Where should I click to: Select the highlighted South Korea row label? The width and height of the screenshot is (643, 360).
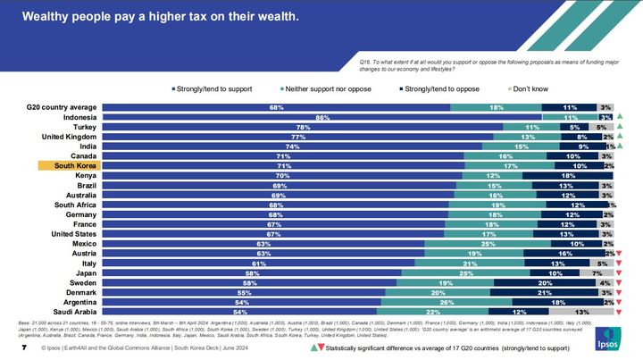click(x=76, y=165)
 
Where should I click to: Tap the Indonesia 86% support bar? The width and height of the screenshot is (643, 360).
click(x=322, y=117)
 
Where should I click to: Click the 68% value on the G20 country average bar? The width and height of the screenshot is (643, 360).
click(x=277, y=107)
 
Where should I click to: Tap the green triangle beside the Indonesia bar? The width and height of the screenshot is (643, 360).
click(x=619, y=117)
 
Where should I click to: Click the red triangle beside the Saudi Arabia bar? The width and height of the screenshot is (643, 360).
click(x=619, y=312)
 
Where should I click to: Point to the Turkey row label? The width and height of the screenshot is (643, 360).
click(x=81, y=127)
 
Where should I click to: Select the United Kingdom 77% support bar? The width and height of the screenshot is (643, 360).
click(x=299, y=137)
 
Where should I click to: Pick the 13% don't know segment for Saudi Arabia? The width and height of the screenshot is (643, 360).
click(x=580, y=312)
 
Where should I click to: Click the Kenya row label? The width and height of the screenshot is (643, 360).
click(x=83, y=175)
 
